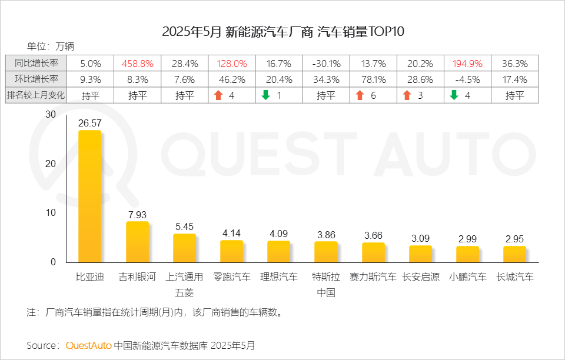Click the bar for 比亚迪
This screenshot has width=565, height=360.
pyautogui.click(x=89, y=196)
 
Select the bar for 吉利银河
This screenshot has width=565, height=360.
pyautogui.click(x=137, y=242)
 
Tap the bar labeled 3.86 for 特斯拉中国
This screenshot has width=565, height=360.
pyautogui.click(x=326, y=252)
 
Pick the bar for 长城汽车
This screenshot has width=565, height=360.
pyautogui.click(x=514, y=254)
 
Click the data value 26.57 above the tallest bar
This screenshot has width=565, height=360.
pyautogui.click(x=90, y=123)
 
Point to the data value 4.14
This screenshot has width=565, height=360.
pyautogui.click(x=232, y=233)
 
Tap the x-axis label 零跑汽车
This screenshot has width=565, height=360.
pyautogui.click(x=232, y=277)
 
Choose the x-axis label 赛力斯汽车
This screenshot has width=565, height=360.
pyautogui.click(x=373, y=277)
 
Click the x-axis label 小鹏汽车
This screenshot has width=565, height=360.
pyautogui.click(x=468, y=277)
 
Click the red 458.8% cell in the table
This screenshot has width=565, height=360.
pyautogui.click(x=138, y=64)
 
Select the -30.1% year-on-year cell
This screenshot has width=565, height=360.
pyautogui.click(x=326, y=64)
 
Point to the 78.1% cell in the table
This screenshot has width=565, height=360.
pyautogui.click(x=373, y=79)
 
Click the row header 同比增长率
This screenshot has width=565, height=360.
pyautogui.click(x=36, y=64)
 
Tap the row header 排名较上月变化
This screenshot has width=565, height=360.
pyautogui.click(x=36, y=95)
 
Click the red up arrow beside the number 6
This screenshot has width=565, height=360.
pyautogui.click(x=360, y=95)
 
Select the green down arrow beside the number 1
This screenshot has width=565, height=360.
pyautogui.click(x=265, y=95)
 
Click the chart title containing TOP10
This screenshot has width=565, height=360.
pyautogui.click(x=283, y=32)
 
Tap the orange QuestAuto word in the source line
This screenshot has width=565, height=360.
pyautogui.click(x=88, y=345)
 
